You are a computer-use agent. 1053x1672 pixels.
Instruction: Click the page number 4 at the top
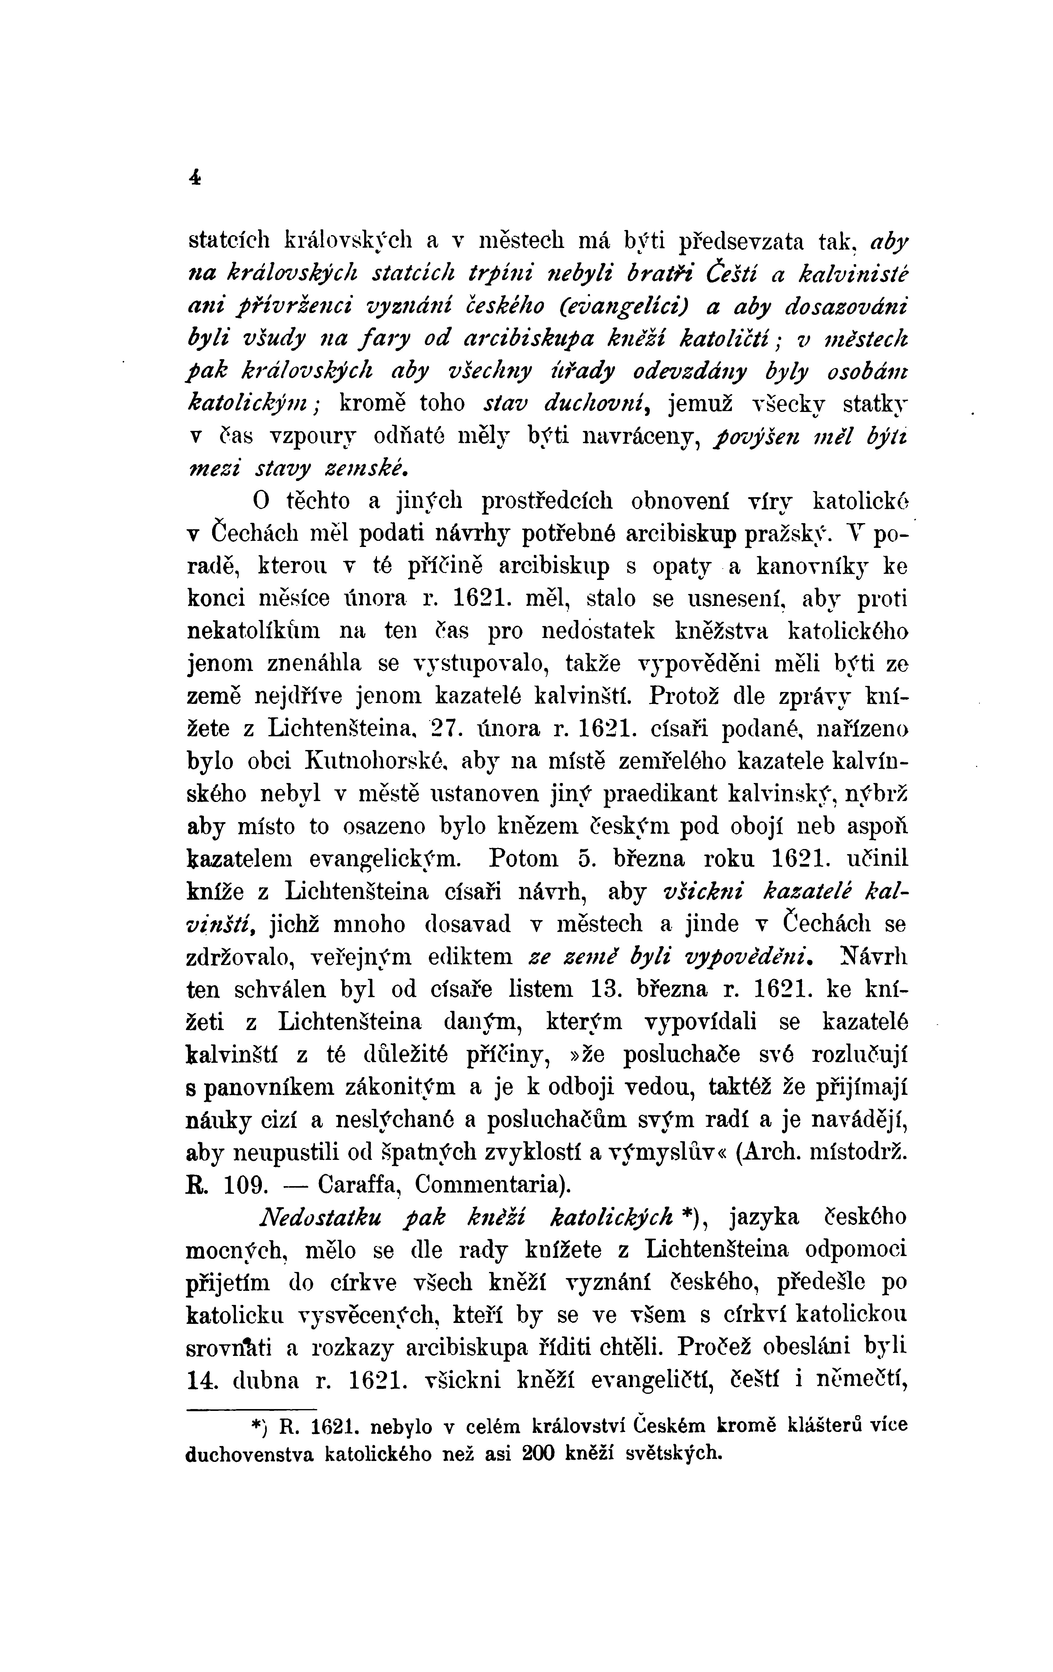(194, 178)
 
